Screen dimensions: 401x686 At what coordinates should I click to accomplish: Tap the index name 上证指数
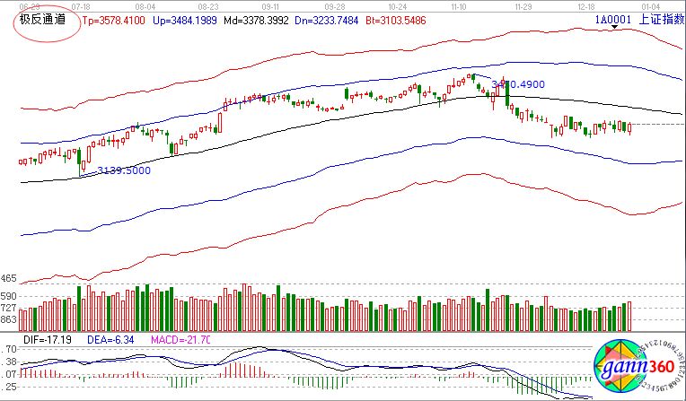tap(661, 18)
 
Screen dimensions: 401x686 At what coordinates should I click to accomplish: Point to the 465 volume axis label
tap(9, 279)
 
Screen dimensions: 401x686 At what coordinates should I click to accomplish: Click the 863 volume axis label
tap(9, 319)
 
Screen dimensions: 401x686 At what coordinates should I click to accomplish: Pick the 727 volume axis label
tap(9, 307)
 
